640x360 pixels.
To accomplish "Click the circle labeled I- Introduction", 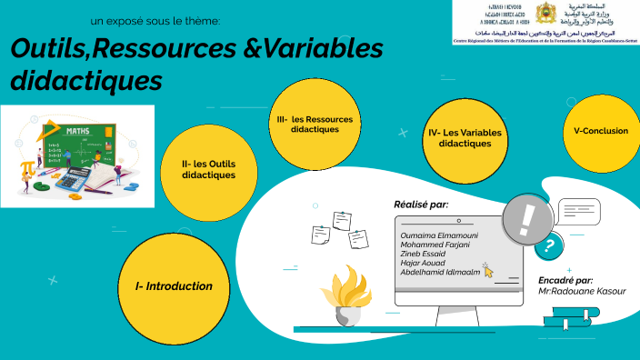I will tap(174, 285).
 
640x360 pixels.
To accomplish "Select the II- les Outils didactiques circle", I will tap(208, 168).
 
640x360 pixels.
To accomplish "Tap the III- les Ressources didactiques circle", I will tap(315, 125).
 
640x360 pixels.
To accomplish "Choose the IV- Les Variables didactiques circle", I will tap(465, 137).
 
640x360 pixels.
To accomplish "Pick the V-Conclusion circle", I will tap(601, 130).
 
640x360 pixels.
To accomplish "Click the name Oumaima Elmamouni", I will tap(439, 235).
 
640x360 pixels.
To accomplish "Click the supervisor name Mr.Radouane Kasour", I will tap(582, 291).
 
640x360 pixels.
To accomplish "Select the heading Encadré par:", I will tap(565, 280).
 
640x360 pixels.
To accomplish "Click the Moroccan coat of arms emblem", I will tap(545, 15).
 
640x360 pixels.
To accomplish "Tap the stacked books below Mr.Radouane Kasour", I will tap(570, 317).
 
